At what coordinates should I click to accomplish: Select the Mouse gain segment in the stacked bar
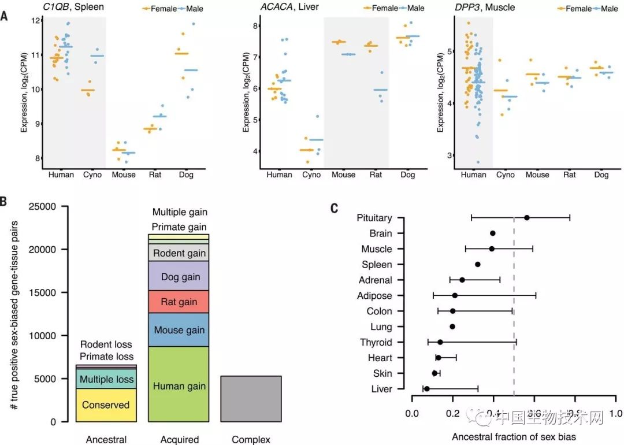click(x=179, y=330)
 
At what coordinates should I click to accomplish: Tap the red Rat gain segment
click(x=179, y=302)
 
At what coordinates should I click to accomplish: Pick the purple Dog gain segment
click(x=179, y=276)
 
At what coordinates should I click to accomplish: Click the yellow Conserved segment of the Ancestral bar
click(x=106, y=405)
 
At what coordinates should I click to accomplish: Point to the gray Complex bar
click(x=251, y=399)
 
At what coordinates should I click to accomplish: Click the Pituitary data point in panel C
click(x=526, y=218)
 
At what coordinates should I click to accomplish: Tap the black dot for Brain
click(x=492, y=233)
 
